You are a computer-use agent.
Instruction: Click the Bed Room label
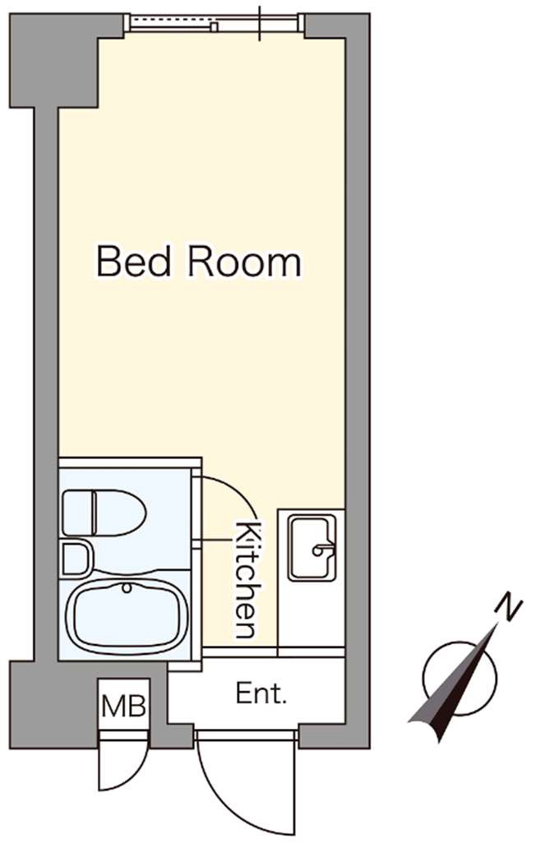[x=198, y=262]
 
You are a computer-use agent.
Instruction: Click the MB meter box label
[x=124, y=706]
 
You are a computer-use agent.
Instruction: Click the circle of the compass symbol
[x=460, y=679]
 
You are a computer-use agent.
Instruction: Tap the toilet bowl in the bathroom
[x=120, y=513]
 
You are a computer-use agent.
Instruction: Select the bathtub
[x=127, y=617]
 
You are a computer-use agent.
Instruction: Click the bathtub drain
[x=127, y=587]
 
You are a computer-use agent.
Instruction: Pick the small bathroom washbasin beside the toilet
[x=75, y=559]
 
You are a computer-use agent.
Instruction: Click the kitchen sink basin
[x=311, y=547]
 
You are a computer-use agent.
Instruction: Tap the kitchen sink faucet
[x=322, y=550]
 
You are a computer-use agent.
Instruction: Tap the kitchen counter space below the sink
[x=311, y=615]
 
